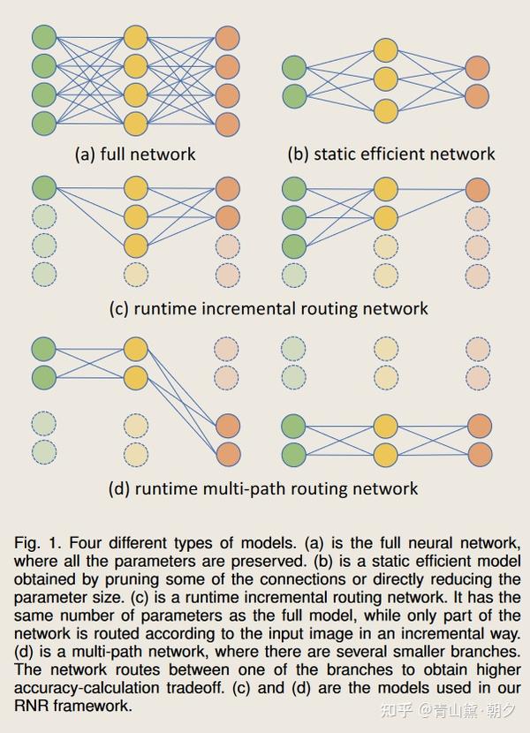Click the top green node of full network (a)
point(43,37)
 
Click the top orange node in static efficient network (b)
point(477,67)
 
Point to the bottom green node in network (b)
point(293,95)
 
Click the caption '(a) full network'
point(135,154)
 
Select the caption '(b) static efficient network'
point(390,154)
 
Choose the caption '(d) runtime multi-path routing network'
point(262,487)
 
